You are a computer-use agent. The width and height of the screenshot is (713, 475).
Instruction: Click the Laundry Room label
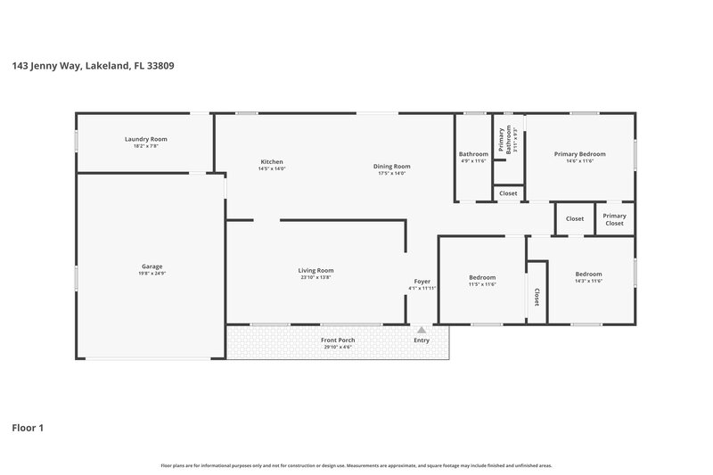(145, 139)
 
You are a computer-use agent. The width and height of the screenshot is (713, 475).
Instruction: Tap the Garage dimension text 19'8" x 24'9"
(152, 274)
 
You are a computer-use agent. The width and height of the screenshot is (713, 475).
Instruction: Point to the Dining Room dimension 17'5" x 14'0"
(391, 173)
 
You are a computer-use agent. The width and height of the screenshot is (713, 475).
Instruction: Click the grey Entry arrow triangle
(422, 330)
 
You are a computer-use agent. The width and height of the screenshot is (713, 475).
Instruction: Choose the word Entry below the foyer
(422, 340)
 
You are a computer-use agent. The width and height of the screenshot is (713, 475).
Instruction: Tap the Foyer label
(422, 281)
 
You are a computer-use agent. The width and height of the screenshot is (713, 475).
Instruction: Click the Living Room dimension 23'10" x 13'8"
(316, 277)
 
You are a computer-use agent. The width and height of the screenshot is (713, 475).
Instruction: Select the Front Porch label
(338, 340)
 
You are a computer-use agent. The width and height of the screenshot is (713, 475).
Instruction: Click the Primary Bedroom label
(579, 154)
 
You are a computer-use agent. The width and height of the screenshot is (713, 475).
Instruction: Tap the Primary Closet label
(614, 219)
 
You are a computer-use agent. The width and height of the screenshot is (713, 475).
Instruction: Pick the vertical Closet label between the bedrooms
(537, 296)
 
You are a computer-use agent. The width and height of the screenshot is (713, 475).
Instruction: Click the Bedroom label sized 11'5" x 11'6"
(482, 277)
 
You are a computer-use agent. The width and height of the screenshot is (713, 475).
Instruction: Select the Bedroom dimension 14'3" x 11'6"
(588, 281)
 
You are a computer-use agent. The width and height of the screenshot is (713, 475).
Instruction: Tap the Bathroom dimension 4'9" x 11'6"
(473, 161)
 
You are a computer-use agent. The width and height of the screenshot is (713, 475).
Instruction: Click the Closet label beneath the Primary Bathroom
(508, 193)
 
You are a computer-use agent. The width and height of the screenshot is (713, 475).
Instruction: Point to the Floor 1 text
(28, 428)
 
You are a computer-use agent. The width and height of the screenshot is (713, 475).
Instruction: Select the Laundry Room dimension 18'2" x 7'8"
(145, 147)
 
